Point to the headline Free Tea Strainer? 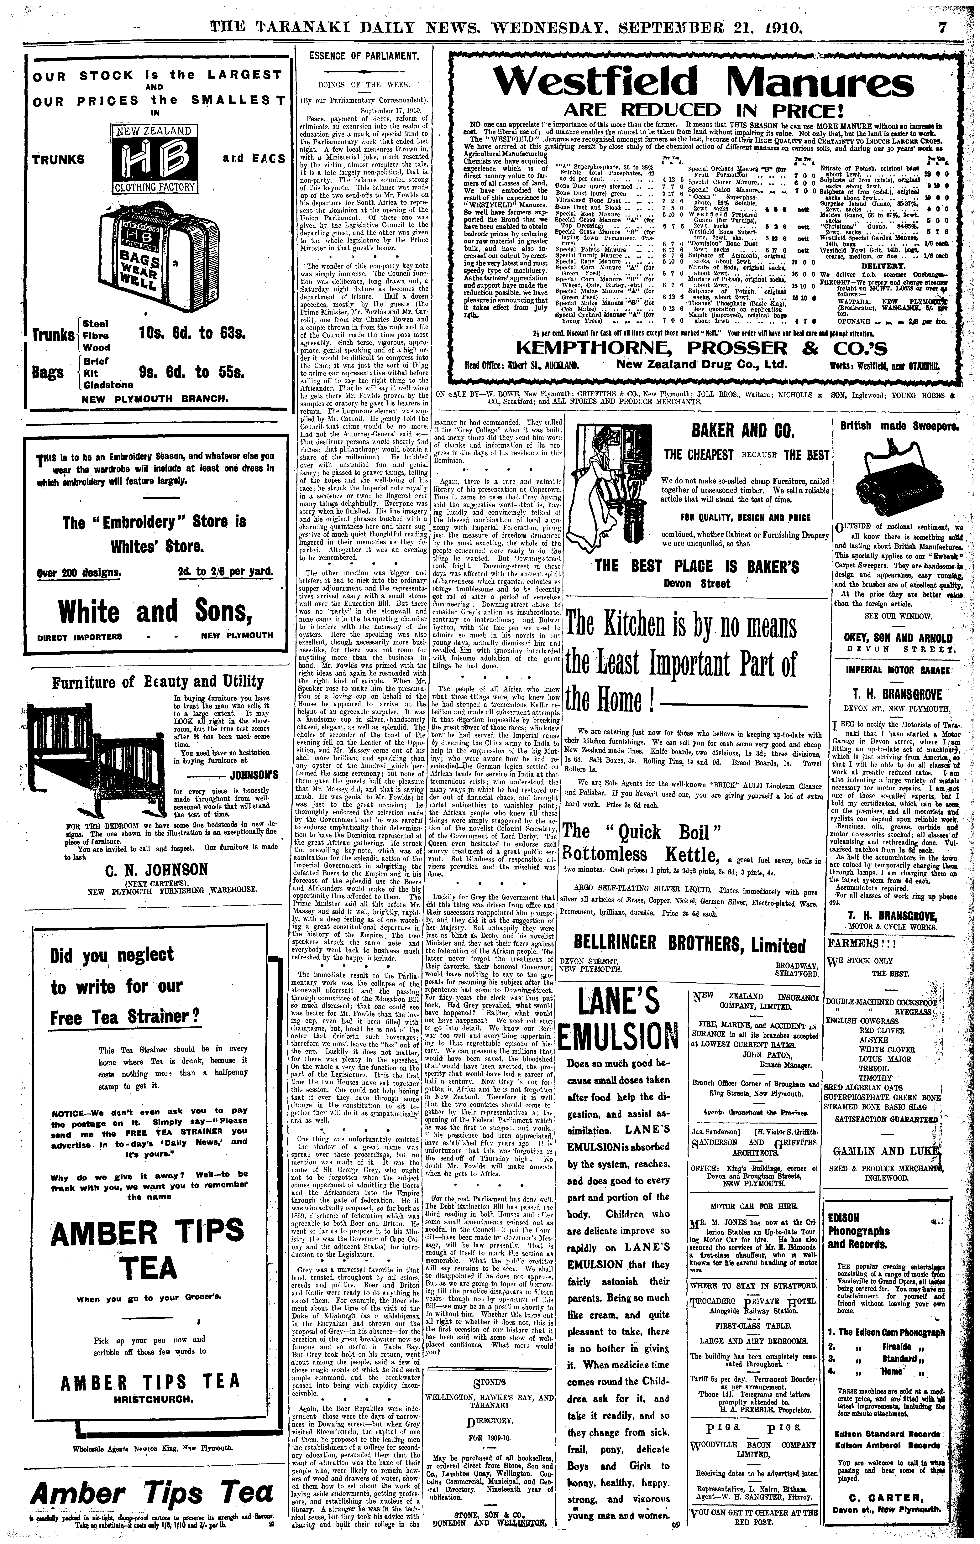(x=126, y=1016)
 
